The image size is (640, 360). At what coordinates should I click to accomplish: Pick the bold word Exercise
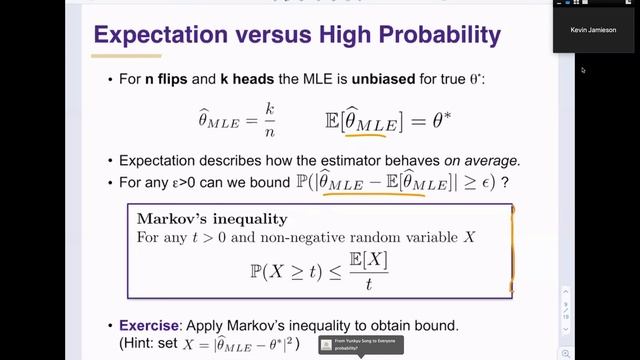tap(149, 326)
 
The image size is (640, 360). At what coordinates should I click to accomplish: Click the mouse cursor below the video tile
tap(583, 70)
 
